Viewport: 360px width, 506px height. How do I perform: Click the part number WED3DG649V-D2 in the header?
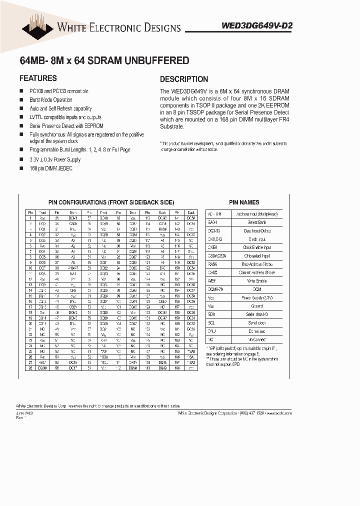click(x=256, y=28)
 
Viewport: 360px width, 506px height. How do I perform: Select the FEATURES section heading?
click(x=38, y=78)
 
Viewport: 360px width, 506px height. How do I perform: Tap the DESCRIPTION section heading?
click(x=184, y=79)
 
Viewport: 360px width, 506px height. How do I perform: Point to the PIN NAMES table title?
click(x=244, y=202)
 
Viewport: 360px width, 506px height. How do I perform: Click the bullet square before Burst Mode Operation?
click(x=21, y=100)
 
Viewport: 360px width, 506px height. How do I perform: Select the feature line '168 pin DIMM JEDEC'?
click(x=51, y=168)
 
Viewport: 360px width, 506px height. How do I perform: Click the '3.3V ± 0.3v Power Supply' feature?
click(x=54, y=160)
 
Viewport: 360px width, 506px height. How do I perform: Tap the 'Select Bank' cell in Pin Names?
click(x=257, y=222)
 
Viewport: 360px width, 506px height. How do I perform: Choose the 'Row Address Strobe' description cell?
click(x=257, y=264)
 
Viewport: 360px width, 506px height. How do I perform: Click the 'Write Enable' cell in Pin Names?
click(x=257, y=280)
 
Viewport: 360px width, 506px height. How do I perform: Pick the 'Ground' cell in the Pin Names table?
click(x=257, y=305)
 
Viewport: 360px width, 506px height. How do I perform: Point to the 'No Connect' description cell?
click(x=257, y=339)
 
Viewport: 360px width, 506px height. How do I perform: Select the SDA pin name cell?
click(x=211, y=314)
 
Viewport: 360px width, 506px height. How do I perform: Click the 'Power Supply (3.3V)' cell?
click(x=257, y=297)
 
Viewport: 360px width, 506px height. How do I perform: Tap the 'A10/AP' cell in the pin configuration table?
click(x=73, y=268)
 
